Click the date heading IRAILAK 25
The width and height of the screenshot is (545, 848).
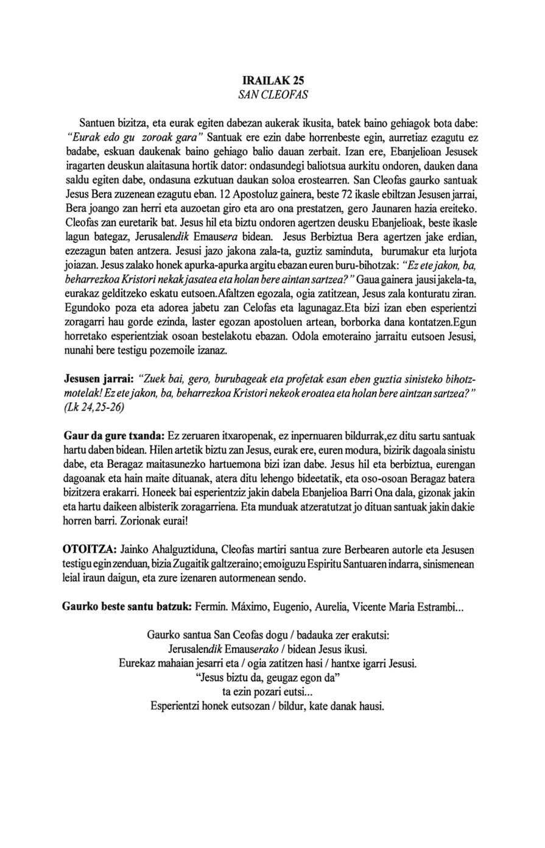coord(272,80)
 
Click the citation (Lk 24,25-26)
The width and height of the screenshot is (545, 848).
coord(94,408)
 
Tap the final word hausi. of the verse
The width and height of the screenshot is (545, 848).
coord(370,707)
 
